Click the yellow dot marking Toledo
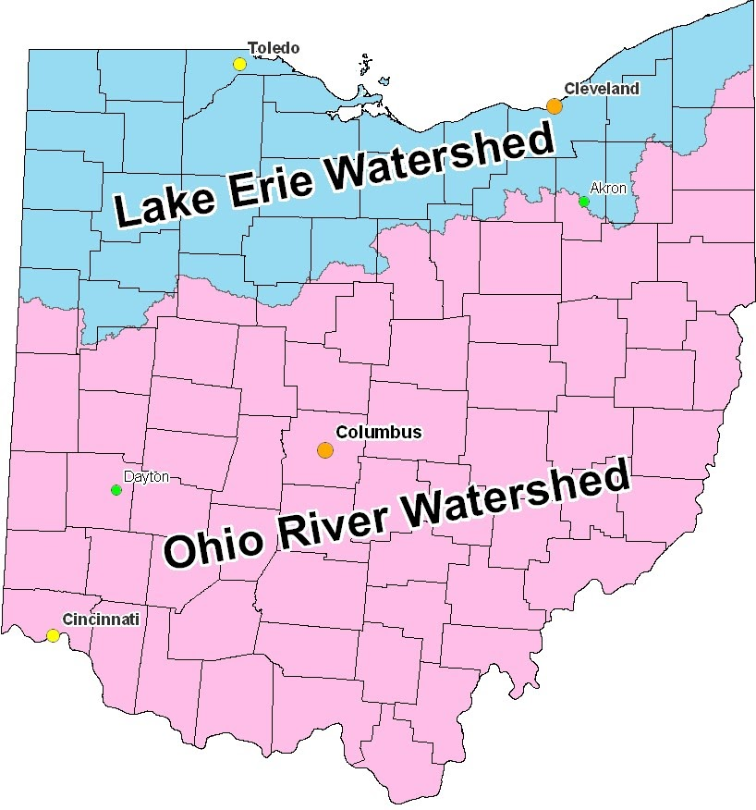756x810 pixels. pyautogui.click(x=239, y=64)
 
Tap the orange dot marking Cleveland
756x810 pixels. pyautogui.click(x=555, y=106)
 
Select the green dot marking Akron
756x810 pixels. pyautogui.click(x=584, y=202)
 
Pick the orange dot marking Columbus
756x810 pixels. pyautogui.click(x=325, y=450)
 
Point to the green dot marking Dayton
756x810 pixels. pyautogui.click(x=116, y=490)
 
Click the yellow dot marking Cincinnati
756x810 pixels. pyautogui.click(x=54, y=635)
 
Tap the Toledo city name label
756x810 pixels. pyautogui.click(x=274, y=48)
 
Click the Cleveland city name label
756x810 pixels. pyautogui.click(x=601, y=89)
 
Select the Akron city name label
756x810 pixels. pyautogui.click(x=608, y=188)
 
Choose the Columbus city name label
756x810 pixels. pyautogui.click(x=379, y=432)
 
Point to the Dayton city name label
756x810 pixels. pyautogui.click(x=147, y=477)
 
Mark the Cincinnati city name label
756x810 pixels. pyautogui.click(x=101, y=619)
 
